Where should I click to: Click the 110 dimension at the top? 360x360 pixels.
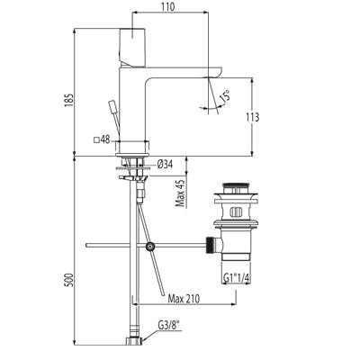pyautogui.click(x=167, y=7)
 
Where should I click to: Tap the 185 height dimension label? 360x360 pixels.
pyautogui.click(x=69, y=99)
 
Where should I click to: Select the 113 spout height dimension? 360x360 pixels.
pyautogui.click(x=252, y=117)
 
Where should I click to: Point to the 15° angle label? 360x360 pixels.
pyautogui.click(x=226, y=95)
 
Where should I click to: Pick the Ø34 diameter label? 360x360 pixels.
pyautogui.click(x=165, y=164)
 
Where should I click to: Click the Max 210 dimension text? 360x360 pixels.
pyautogui.click(x=184, y=299)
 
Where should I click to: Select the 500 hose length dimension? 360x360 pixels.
pyautogui.click(x=69, y=280)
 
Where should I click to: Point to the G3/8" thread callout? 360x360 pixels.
pyautogui.click(x=170, y=325)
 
